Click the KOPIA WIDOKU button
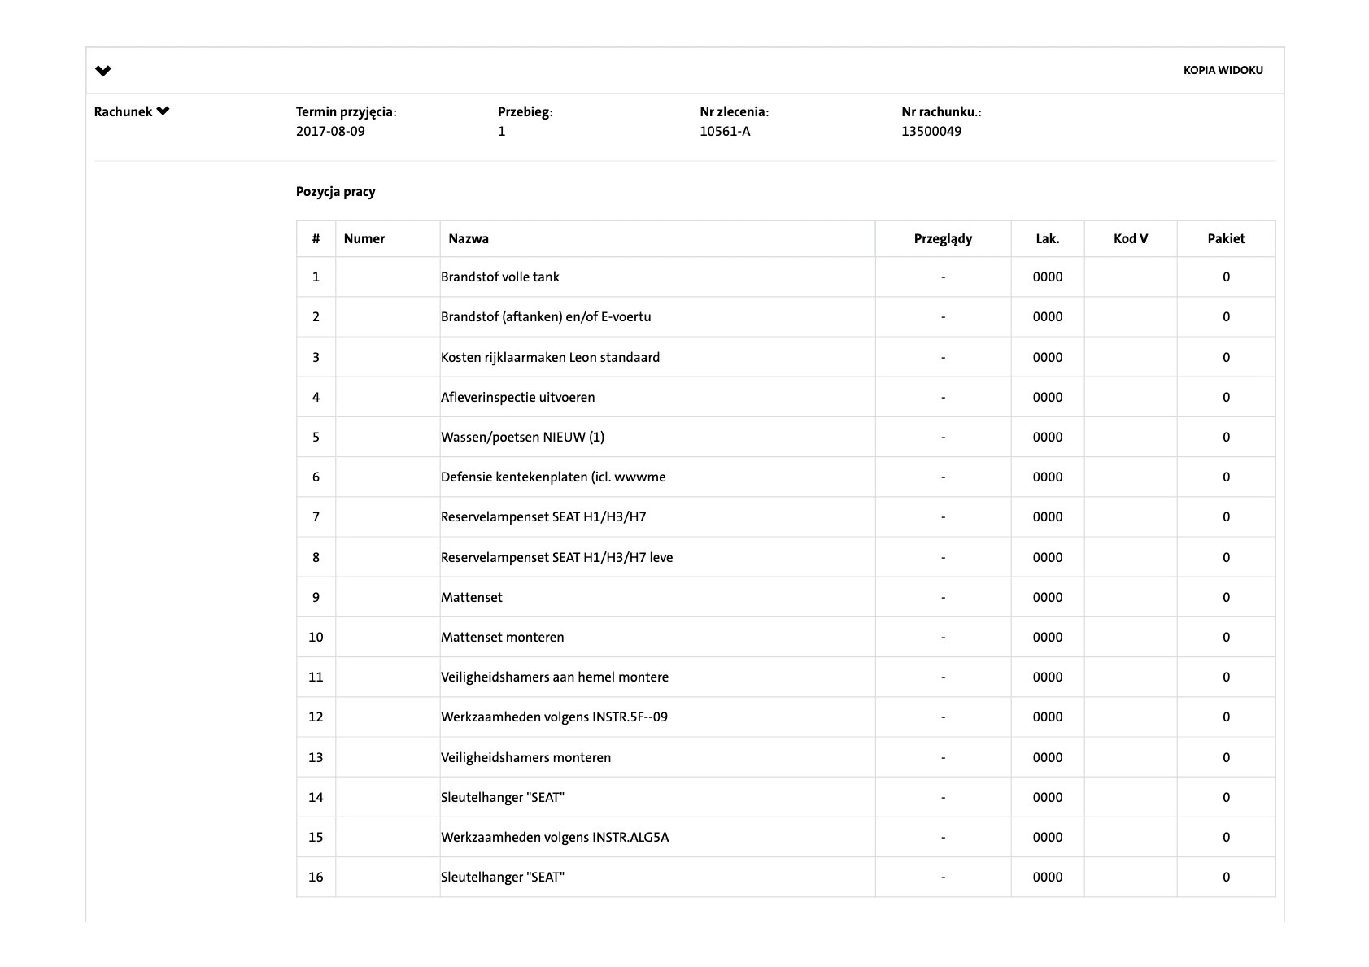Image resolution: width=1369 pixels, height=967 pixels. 1223,71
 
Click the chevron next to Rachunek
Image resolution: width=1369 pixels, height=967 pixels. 163,111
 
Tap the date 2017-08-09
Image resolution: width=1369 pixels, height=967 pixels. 330,131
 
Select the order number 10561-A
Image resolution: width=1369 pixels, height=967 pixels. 725,131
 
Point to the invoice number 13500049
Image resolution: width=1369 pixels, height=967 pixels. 931,131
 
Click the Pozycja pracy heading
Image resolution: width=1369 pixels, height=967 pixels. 335,192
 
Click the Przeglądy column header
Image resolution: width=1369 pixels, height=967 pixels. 943,238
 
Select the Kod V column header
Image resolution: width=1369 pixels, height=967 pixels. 1130,238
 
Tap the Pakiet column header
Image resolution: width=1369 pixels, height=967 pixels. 1226,238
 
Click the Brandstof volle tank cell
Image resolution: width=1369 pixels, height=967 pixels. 500,277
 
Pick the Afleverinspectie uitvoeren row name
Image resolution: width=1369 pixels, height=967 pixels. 518,397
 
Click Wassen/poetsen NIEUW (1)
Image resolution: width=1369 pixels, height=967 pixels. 522,437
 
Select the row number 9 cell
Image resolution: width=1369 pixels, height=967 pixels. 316,597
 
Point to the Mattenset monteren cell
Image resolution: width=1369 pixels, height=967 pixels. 503,637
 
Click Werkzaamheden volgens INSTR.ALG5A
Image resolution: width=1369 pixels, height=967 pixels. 555,837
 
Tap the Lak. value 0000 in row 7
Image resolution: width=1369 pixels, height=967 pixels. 1048,516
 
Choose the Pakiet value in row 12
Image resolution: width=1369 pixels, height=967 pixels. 1226,717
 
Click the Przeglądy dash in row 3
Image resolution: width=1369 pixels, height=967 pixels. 943,357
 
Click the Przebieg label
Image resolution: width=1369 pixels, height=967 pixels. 525,111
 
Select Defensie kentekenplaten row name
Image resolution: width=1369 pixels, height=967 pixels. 553,477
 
